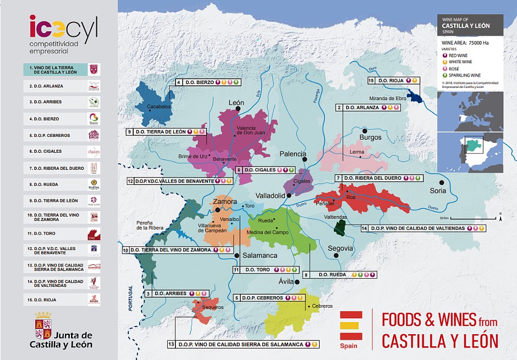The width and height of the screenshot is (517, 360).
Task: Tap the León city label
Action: coord(236,102)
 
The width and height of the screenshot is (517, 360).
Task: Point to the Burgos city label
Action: coord(370,137)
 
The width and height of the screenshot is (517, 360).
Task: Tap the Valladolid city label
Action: coord(270,196)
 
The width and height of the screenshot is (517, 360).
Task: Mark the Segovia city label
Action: coord(340,248)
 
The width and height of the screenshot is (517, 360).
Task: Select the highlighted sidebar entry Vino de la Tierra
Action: coord(55,69)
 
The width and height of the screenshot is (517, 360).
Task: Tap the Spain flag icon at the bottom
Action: coord(351,325)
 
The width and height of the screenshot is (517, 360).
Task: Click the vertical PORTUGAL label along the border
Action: coord(131,298)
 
